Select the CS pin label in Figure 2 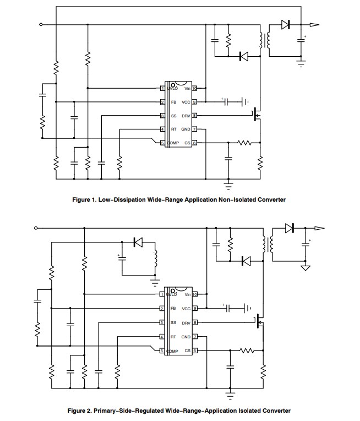point(187,350)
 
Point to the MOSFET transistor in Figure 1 point(255,116)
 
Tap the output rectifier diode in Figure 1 point(285,24)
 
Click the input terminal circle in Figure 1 point(41,24)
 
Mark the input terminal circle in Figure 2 point(36,228)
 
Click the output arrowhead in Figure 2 point(318,228)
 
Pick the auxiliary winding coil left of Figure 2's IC point(155,260)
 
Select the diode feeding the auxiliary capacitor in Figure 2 point(137,242)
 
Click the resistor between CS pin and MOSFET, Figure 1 point(244,143)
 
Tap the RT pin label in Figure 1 point(173,129)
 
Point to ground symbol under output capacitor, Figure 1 point(301,63)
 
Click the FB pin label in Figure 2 point(173,309)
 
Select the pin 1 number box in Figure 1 point(162,88)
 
